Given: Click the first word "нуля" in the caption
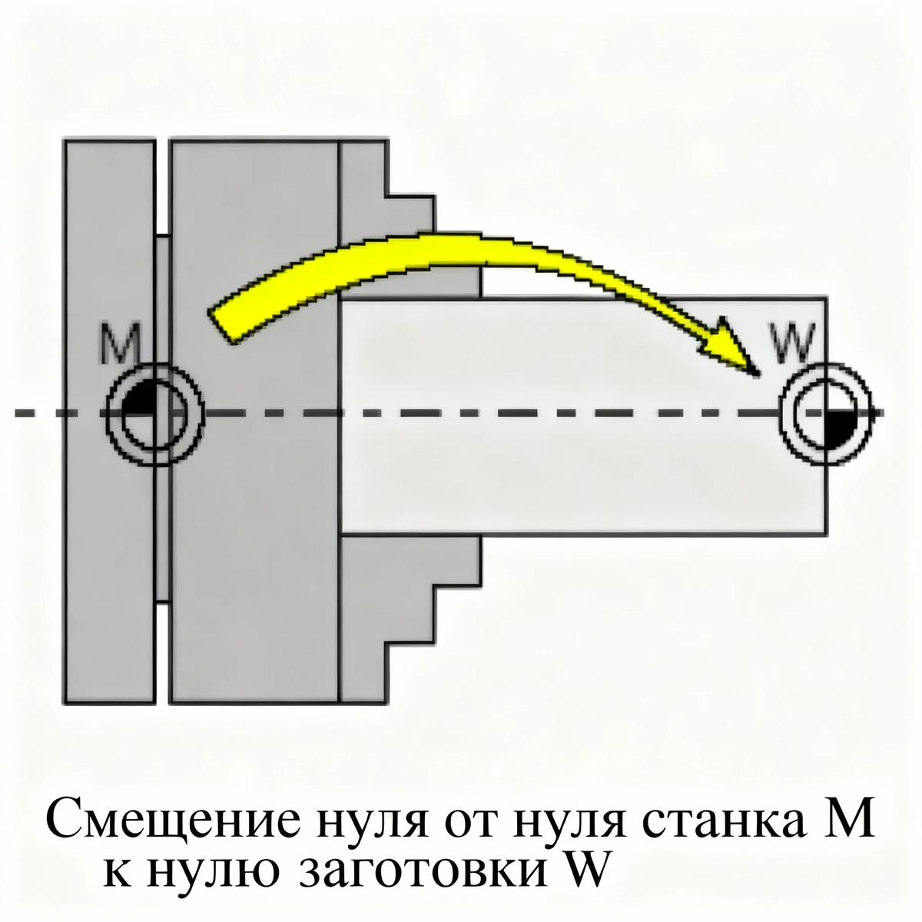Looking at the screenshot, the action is [x=372, y=822].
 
